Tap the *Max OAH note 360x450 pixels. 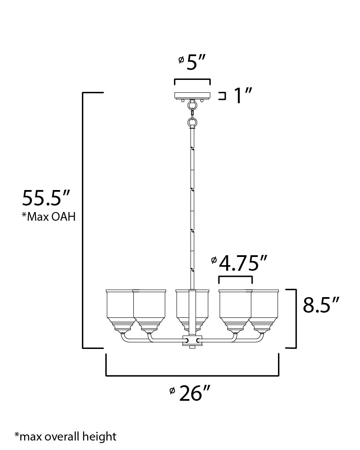tap(49, 217)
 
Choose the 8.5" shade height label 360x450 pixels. tap(320, 305)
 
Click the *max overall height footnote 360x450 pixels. tap(65, 436)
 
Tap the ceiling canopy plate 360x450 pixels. tap(192, 95)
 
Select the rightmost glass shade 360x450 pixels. tap(265, 309)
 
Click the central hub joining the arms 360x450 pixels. tap(193, 341)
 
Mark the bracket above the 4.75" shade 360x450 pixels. tap(235, 277)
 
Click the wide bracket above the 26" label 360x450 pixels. tap(193, 375)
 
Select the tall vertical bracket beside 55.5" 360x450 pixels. tap(83, 220)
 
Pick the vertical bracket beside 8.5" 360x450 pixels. tap(295, 318)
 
